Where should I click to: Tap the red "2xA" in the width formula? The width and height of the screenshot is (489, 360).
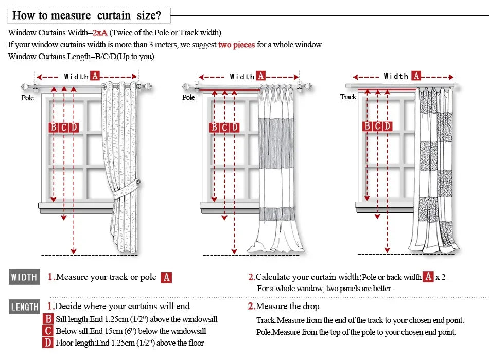pyautogui.click(x=100, y=33)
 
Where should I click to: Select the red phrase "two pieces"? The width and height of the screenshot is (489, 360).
pyautogui.click(x=236, y=45)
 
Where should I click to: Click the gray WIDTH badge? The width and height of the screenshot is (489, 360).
pyautogui.click(x=24, y=277)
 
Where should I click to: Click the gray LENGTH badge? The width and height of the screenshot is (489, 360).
pyautogui.click(x=24, y=307)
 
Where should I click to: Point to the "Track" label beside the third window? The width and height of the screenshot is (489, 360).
pyautogui.click(x=348, y=97)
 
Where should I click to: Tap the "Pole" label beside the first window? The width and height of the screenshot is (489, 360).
pyautogui.click(x=27, y=97)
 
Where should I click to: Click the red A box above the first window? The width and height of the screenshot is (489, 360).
pyautogui.click(x=95, y=76)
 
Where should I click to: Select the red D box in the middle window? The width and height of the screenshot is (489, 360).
pyautogui.click(x=235, y=128)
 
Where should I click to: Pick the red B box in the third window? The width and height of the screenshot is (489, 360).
pyautogui.click(x=367, y=126)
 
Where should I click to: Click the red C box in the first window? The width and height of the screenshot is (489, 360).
pyautogui.click(x=64, y=128)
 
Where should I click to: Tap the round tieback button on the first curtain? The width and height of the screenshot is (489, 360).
pyautogui.click(x=124, y=183)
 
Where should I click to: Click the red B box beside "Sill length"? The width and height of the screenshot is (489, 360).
pyautogui.click(x=48, y=319)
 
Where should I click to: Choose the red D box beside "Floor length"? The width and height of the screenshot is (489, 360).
pyautogui.click(x=48, y=343)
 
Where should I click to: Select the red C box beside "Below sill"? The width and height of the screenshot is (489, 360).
pyautogui.click(x=48, y=331)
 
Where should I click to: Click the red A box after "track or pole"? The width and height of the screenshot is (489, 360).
pyautogui.click(x=166, y=278)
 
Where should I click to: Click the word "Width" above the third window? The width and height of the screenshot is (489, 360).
pyautogui.click(x=396, y=76)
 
